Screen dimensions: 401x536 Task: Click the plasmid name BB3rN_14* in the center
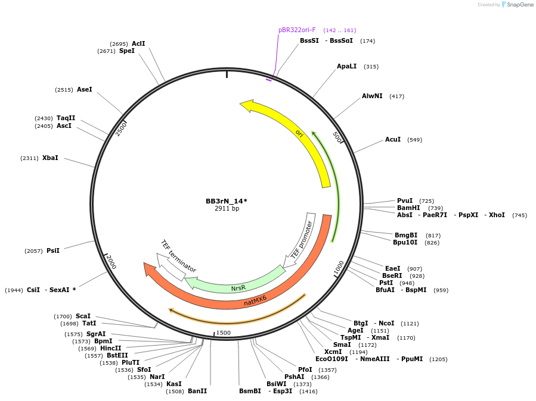coord(226,201)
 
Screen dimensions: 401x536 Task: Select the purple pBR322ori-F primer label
coord(297,30)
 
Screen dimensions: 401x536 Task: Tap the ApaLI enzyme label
coord(346,66)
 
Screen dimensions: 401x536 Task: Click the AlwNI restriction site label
coord(372,96)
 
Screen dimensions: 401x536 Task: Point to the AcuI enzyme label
coord(393,139)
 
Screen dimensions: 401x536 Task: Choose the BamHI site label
coord(408,208)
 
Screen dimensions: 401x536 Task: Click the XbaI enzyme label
coord(50,158)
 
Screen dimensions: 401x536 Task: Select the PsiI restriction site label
coord(53,250)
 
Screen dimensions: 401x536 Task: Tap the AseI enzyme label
coord(85,89)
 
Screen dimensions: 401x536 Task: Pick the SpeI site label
coord(127,51)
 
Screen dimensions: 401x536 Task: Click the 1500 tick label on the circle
coord(223,333)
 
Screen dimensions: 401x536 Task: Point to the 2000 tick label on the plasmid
coord(111,262)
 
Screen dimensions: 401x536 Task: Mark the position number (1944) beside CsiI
coord(14,290)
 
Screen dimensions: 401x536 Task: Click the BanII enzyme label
coord(197,391)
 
